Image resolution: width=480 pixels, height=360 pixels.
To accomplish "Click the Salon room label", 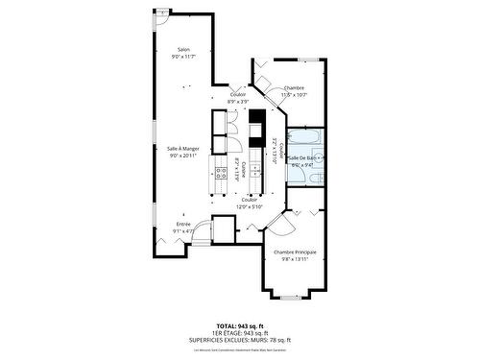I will (182, 50).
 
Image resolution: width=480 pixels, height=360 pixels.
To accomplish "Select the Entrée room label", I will (182, 224).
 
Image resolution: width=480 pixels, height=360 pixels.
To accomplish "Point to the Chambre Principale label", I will (295, 252).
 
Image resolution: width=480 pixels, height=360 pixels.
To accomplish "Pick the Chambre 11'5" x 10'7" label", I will (294, 88).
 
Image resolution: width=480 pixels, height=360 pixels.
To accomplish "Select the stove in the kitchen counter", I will (256, 127).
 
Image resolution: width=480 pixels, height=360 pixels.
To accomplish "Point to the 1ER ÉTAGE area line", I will (239, 333).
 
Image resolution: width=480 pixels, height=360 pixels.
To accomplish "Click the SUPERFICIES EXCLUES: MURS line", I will (239, 339).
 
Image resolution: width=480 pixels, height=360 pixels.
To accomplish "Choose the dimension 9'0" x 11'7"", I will (182, 57).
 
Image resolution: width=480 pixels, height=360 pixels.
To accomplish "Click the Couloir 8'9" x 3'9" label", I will (237, 97).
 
